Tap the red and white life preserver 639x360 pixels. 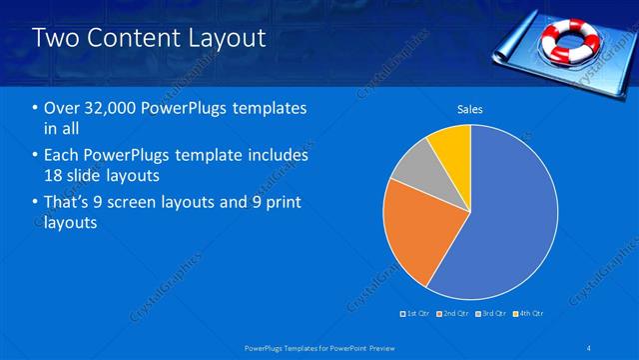567,38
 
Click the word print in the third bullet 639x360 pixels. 278,203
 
